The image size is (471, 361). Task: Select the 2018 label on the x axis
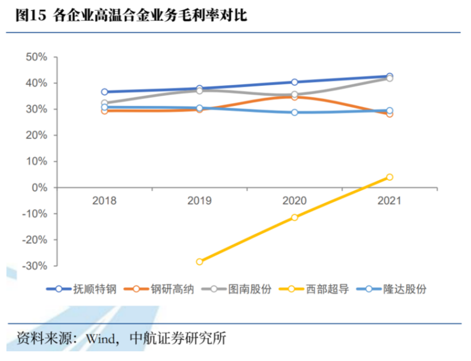(104, 200)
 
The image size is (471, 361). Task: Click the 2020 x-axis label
(294, 200)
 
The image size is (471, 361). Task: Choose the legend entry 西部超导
(327, 288)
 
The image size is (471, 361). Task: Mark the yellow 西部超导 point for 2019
(200, 262)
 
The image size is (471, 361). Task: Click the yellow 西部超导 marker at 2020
(295, 217)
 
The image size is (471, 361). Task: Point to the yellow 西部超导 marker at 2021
(389, 177)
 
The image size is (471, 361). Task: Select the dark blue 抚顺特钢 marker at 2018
(104, 91)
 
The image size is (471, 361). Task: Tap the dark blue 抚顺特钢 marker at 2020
(295, 82)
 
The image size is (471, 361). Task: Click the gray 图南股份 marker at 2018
(104, 103)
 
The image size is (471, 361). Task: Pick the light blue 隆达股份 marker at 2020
(295, 112)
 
